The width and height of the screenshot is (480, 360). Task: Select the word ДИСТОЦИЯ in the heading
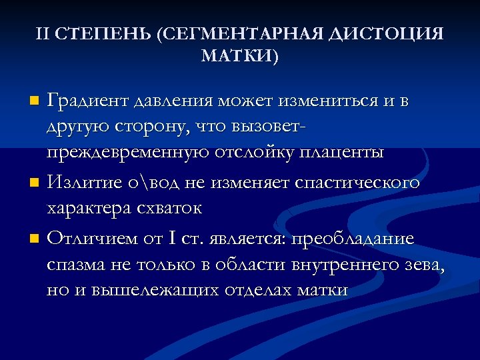click(x=387, y=33)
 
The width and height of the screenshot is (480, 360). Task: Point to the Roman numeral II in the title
click(x=43, y=33)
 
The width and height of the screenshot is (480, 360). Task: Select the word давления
click(x=172, y=101)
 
